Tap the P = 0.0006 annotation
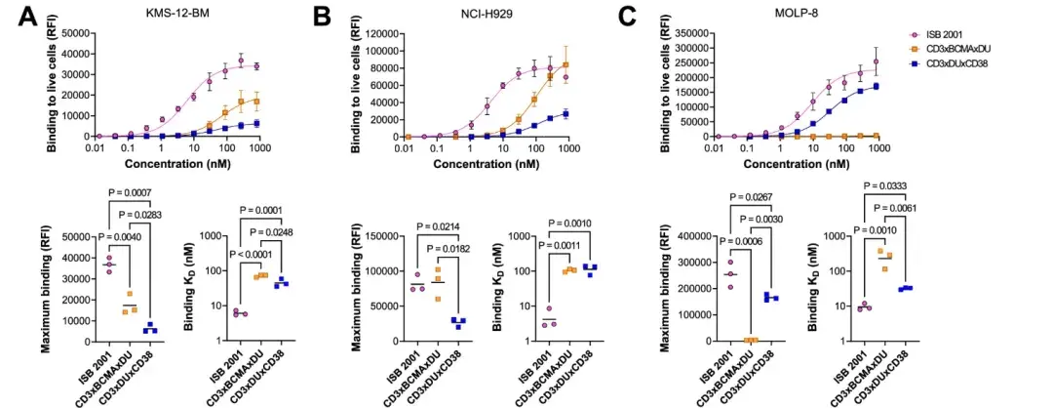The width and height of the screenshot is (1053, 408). pyautogui.click(x=745, y=242)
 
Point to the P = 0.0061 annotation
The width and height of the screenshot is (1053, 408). pyautogui.click(x=900, y=207)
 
